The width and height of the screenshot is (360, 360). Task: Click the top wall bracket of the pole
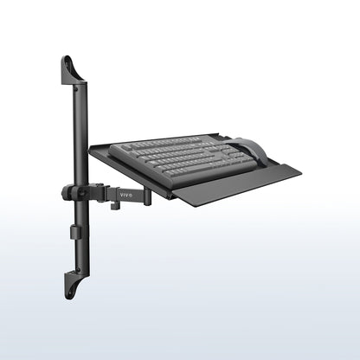[x=72, y=71]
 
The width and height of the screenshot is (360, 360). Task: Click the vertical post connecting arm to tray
[x=148, y=196]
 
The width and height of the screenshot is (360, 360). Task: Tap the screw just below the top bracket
[x=80, y=87]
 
